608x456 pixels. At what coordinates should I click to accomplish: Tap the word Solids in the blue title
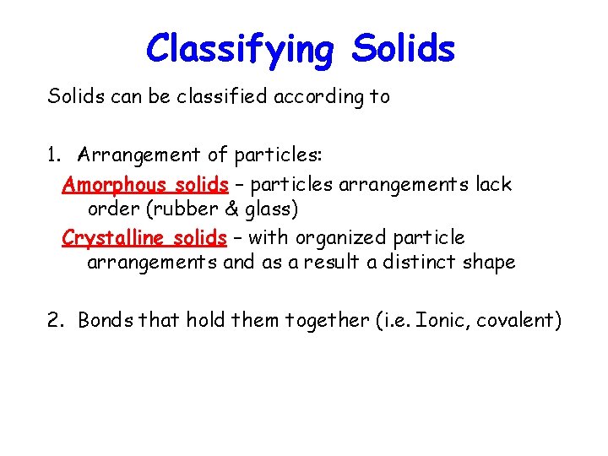(x=404, y=49)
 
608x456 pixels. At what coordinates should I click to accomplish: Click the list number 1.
(x=54, y=155)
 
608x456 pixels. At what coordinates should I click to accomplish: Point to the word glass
(x=266, y=208)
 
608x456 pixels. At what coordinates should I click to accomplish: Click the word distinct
(x=420, y=262)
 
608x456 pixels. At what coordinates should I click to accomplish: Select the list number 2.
(x=55, y=320)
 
